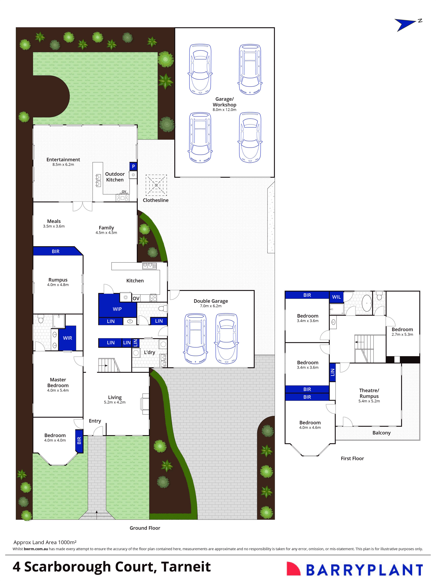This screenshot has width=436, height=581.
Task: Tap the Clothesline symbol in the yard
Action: tap(156, 185)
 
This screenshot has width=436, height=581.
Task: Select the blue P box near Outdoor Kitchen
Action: tap(133, 166)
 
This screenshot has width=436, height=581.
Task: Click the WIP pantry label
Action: tap(117, 309)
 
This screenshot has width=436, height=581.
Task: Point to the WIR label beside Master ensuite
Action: tap(67, 338)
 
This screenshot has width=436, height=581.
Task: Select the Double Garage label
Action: tap(211, 301)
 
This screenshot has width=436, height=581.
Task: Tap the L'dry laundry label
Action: tap(149, 352)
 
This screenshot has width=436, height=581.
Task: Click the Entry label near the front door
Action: tap(95, 421)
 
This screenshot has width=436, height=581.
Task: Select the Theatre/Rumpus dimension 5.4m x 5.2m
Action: tap(369, 401)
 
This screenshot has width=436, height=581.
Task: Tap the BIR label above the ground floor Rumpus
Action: tap(56, 251)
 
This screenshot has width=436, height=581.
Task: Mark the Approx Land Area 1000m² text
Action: tap(45, 542)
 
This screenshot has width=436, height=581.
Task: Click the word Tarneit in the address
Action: tap(186, 567)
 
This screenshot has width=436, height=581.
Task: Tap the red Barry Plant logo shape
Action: tap(293, 568)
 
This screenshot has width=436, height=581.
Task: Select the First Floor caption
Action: tap(352, 458)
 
